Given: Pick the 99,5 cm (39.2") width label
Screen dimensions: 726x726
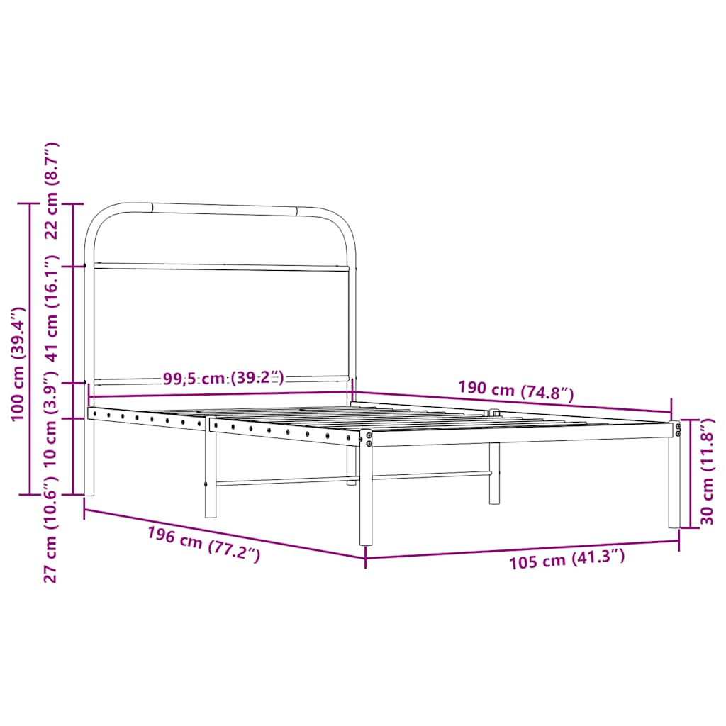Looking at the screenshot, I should tap(223, 378).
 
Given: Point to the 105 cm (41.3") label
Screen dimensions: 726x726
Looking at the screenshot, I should tap(566, 560).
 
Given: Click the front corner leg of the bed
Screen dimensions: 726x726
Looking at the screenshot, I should tap(366, 496).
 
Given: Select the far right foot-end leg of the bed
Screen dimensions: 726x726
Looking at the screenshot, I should tap(674, 482).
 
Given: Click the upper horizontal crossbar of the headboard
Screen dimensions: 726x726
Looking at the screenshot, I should tap(221, 267).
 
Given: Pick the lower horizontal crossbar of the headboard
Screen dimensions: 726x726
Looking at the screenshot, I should tap(221, 379).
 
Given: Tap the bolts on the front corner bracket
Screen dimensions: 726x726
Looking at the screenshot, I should tap(369, 439).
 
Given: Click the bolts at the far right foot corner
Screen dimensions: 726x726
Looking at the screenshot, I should tap(678, 430).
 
